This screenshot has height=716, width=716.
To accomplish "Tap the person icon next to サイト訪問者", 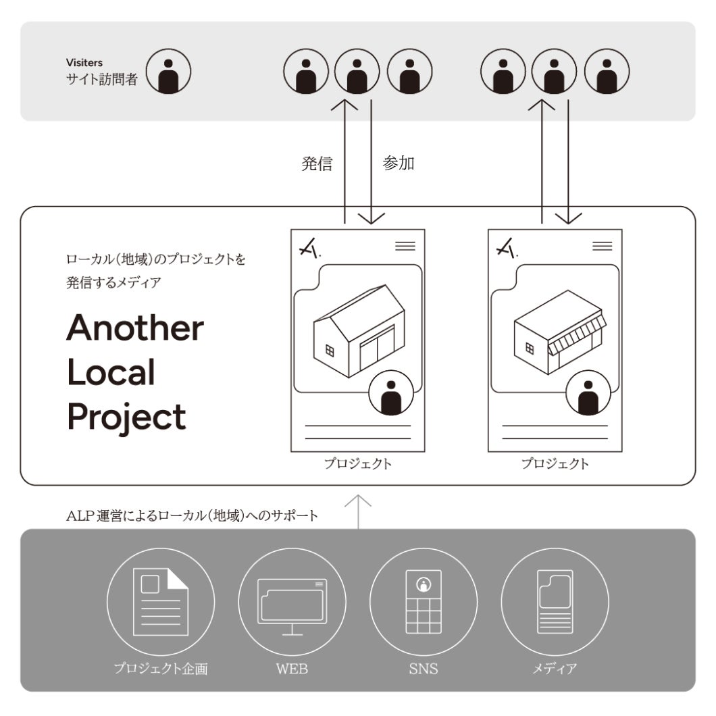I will point(169,71).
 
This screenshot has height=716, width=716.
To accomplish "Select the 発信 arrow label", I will point(316,164).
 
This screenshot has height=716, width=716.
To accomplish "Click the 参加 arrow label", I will point(399,164).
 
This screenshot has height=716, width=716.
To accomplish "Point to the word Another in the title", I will point(135,328).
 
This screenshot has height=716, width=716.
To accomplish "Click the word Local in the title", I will point(111,372).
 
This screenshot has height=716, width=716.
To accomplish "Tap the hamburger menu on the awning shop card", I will point(602,246).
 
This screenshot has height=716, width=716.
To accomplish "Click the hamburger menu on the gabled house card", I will point(405,246).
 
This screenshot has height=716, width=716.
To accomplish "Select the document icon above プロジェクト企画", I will point(161,600).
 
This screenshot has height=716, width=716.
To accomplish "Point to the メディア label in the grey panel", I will point(554,669).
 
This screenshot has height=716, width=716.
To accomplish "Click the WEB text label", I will point(292,669).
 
